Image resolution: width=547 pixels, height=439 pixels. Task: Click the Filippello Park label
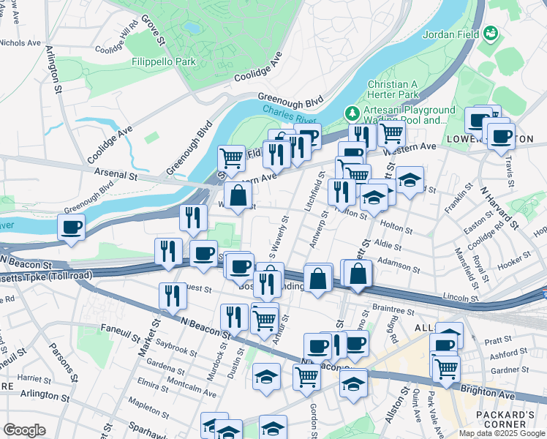[163, 62]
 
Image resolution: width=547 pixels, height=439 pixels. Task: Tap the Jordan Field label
[453, 34]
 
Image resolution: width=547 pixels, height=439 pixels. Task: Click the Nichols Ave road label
[20, 43]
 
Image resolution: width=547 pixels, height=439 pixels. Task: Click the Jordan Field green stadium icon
[491, 34]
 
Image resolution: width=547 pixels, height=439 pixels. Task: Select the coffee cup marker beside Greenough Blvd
[71, 227]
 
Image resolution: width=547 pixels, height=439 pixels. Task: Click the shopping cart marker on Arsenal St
[231, 157]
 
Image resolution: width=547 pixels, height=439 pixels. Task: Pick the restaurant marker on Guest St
[173, 296]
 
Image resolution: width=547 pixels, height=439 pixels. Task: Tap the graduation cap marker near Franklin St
[411, 180]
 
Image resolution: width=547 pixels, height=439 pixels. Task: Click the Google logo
[24, 430]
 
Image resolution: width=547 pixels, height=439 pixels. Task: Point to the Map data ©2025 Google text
[502, 433]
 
